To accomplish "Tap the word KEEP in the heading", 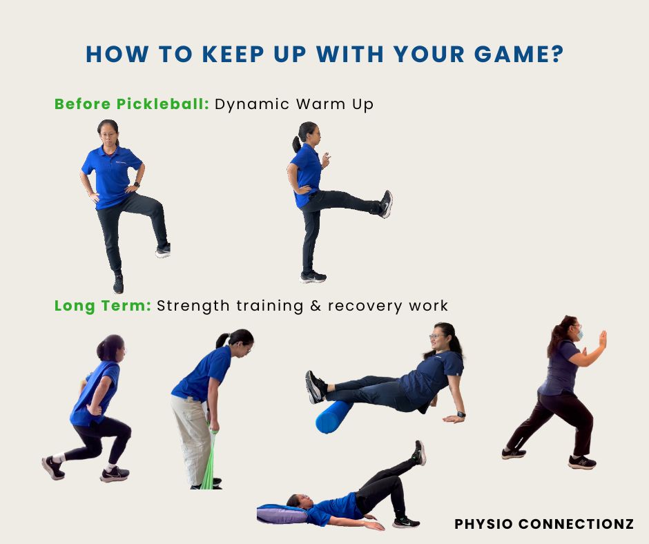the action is pyautogui.click(x=233, y=55).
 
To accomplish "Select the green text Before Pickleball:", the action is pyautogui.click(x=132, y=104).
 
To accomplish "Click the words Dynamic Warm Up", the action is pyautogui.click(x=294, y=104).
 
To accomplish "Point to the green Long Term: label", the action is pyautogui.click(x=103, y=306).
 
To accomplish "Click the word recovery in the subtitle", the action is pyautogui.click(x=365, y=307).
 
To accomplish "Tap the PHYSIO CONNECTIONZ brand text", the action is pyautogui.click(x=544, y=524).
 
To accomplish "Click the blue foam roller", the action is pyautogui.click(x=333, y=416).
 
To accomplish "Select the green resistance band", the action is pyautogui.click(x=211, y=462).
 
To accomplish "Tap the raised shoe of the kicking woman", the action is pyautogui.click(x=386, y=204).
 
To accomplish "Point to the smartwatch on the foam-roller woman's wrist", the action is pyautogui.click(x=461, y=414).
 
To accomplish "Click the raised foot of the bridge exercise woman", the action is pyautogui.click(x=419, y=452).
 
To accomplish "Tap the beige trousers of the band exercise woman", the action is pyautogui.click(x=192, y=439).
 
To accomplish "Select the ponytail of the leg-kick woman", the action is pyautogui.click(x=296, y=144).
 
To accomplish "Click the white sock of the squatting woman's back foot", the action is pyautogui.click(x=59, y=458).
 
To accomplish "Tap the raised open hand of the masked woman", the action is pyautogui.click(x=603, y=339).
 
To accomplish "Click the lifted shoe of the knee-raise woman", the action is pyautogui.click(x=163, y=251).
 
